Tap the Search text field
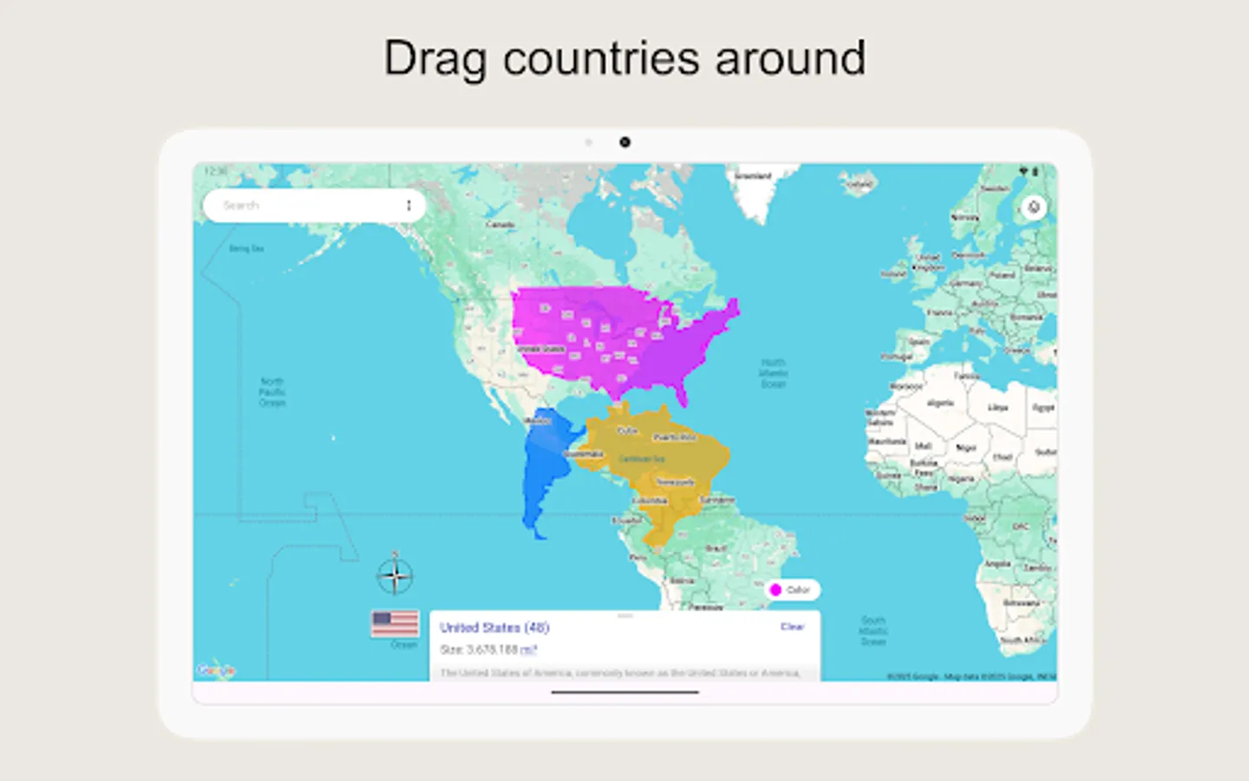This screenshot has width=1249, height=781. coord(295,206)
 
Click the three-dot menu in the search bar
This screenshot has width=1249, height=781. coord(409,206)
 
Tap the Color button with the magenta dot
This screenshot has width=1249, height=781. coord(791,590)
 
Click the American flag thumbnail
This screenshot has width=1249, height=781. coord(395,624)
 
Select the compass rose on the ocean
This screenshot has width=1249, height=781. coord(395,575)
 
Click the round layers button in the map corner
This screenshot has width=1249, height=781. coord(1033,207)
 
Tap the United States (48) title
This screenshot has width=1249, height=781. coord(494,627)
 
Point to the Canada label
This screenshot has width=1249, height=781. coord(500,225)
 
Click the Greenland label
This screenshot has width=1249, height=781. coord(752,176)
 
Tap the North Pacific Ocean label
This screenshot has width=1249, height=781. coord(272,392)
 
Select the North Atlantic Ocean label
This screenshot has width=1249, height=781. coord(773,373)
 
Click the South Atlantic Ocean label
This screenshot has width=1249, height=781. coord(873,631)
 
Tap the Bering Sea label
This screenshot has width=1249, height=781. coord(246,249)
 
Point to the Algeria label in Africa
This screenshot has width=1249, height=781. coord(940,404)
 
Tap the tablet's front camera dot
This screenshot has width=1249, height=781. coord(624,142)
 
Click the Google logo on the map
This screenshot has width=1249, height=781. coord(215,670)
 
